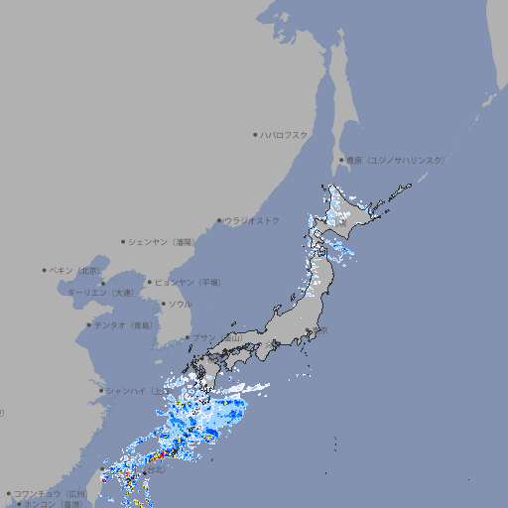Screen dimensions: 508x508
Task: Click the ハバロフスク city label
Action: [x=285, y=134]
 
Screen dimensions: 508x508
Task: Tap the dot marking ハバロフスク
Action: [x=255, y=134]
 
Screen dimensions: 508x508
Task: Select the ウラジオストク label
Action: [x=253, y=220]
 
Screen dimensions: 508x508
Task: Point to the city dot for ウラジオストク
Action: [x=219, y=220]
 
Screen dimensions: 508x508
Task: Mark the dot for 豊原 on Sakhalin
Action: [x=341, y=160]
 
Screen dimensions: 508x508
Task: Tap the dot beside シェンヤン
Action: [x=123, y=241]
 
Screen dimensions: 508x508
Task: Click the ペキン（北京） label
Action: [x=75, y=270]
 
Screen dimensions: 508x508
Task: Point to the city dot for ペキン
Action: [x=45, y=270]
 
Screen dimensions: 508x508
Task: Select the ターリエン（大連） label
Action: [x=100, y=293]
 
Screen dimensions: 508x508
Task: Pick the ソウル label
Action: [x=179, y=304]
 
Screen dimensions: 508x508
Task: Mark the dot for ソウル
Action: [x=162, y=304]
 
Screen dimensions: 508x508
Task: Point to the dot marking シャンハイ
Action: [x=100, y=391]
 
